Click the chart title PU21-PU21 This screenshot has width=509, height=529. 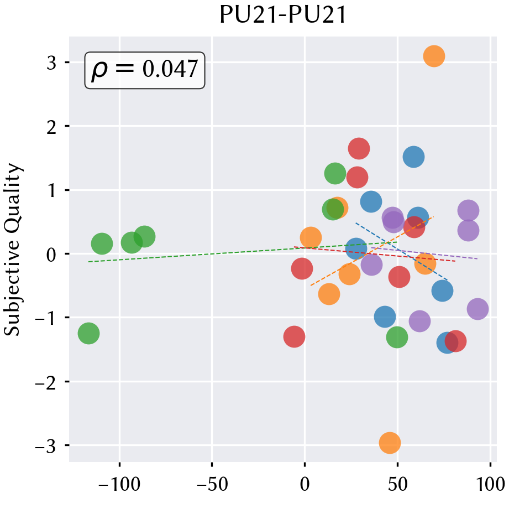(x=282, y=15)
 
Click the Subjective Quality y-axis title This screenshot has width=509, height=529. (x=12, y=250)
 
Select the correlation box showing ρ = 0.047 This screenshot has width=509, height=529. (x=144, y=70)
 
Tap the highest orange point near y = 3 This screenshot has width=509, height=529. (x=434, y=56)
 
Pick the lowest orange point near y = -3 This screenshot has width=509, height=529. (x=390, y=443)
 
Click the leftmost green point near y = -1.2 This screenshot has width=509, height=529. (x=88, y=333)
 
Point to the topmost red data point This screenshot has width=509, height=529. (x=359, y=148)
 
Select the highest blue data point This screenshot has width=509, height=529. (x=413, y=157)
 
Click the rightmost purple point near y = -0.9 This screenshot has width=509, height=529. (x=477, y=309)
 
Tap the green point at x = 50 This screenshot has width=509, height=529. (x=397, y=337)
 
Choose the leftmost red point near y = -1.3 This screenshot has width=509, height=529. (x=294, y=336)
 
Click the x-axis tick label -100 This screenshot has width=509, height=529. (x=119, y=485)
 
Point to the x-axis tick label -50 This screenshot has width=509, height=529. (x=212, y=485)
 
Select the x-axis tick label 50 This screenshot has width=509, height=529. (x=397, y=485)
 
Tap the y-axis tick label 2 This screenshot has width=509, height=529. (x=51, y=127)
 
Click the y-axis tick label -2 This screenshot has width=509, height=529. (x=46, y=383)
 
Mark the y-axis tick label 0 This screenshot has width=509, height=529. (x=51, y=256)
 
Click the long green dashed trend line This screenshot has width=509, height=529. (x=243, y=252)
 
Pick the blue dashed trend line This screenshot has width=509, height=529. (x=402, y=252)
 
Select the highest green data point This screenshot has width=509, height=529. (x=335, y=173)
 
